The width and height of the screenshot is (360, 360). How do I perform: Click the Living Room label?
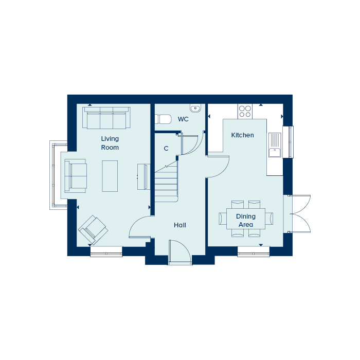110,143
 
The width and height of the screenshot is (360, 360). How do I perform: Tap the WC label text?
183,119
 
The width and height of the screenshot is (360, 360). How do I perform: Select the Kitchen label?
242,135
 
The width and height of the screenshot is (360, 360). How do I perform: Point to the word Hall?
180,225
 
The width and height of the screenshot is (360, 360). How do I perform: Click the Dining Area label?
246,221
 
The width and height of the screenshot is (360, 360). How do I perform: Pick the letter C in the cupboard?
166,149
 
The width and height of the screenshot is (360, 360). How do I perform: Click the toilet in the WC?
163,119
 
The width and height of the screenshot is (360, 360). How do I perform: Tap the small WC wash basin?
195,108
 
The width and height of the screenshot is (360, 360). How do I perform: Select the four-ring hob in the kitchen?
245,112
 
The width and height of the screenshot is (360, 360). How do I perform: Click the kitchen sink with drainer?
275,145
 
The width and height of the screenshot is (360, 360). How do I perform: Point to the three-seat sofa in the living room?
106,118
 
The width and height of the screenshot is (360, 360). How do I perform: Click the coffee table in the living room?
110,176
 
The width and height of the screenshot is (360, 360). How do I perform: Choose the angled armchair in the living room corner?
93,230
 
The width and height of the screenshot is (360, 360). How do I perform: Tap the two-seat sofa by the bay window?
76,176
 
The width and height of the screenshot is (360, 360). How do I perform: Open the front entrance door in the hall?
180,252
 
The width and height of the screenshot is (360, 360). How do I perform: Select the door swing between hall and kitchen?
219,167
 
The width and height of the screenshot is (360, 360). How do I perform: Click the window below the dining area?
254,251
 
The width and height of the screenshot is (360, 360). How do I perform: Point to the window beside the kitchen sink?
288,142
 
